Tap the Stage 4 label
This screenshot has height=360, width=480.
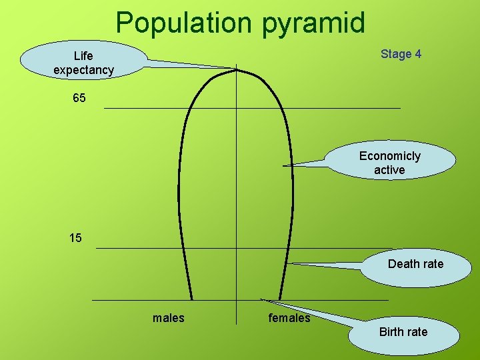[401, 54]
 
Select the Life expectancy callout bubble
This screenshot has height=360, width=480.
[83, 62]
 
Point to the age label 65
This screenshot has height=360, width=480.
[79, 99]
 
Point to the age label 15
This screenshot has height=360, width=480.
[75, 237]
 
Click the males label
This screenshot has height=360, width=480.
[169, 318]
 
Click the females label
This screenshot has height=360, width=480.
[289, 318]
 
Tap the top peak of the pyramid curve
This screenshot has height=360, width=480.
[237, 69]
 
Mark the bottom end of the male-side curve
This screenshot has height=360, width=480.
[192, 299]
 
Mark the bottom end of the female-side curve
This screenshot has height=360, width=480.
[280, 299]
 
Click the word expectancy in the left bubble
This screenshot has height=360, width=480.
[83, 69]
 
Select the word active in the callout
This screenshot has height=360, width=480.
[389, 170]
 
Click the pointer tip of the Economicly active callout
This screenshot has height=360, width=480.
[284, 165]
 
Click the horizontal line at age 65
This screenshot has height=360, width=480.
[333, 108]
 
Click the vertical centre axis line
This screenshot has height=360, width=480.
[237, 200]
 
